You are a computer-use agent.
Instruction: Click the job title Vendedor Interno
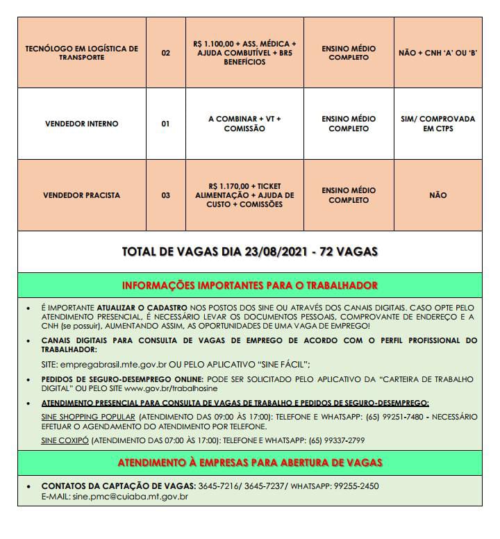(x=81, y=124)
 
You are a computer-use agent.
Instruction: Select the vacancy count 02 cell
(x=165, y=53)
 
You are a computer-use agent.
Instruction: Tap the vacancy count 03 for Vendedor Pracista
(x=165, y=195)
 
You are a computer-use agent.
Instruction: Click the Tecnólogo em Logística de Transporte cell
(x=81, y=53)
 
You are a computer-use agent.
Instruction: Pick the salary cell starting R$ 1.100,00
(x=244, y=53)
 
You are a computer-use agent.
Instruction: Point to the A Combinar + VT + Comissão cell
(x=244, y=124)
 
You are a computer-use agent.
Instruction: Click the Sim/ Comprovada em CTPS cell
(x=437, y=124)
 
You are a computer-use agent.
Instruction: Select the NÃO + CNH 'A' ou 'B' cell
(x=437, y=53)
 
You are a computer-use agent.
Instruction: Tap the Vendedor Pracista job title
(x=81, y=195)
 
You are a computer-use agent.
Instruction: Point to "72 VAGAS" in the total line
(x=348, y=251)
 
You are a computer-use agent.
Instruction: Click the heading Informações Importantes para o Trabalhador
(x=249, y=285)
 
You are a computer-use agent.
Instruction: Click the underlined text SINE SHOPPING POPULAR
(x=87, y=417)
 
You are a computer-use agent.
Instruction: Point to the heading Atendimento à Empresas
(x=249, y=462)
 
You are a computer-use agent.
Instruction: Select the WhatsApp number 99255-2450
(x=353, y=486)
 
